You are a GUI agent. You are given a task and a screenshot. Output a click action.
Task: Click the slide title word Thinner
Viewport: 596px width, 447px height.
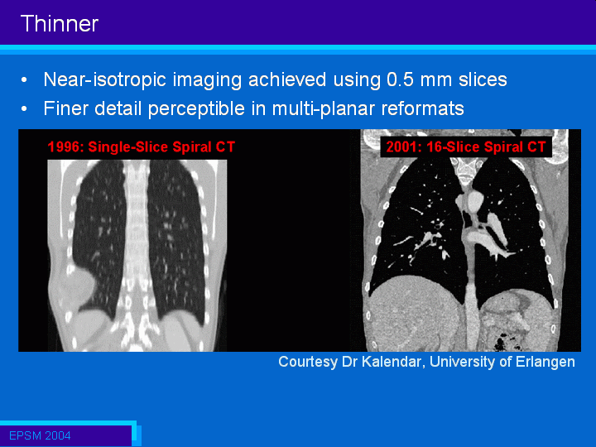(60, 23)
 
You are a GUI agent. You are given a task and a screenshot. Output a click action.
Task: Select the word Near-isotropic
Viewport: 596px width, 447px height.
(105, 80)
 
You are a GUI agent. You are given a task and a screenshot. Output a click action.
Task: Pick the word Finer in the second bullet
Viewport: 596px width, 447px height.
(65, 108)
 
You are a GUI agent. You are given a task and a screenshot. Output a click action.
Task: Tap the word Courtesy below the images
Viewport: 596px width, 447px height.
(308, 362)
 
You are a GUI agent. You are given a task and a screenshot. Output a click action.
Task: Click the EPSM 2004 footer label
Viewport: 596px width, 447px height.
(40, 435)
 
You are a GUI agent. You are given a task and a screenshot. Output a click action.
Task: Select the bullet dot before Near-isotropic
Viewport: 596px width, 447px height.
(24, 80)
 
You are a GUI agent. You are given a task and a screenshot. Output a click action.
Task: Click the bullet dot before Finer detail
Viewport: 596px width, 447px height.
(24, 109)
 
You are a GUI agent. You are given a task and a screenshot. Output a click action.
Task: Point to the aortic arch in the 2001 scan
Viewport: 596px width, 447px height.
(473, 200)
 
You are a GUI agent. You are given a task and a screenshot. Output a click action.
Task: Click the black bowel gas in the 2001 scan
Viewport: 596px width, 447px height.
(501, 342)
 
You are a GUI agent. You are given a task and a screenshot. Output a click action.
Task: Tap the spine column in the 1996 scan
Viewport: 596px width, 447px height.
(136, 247)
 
